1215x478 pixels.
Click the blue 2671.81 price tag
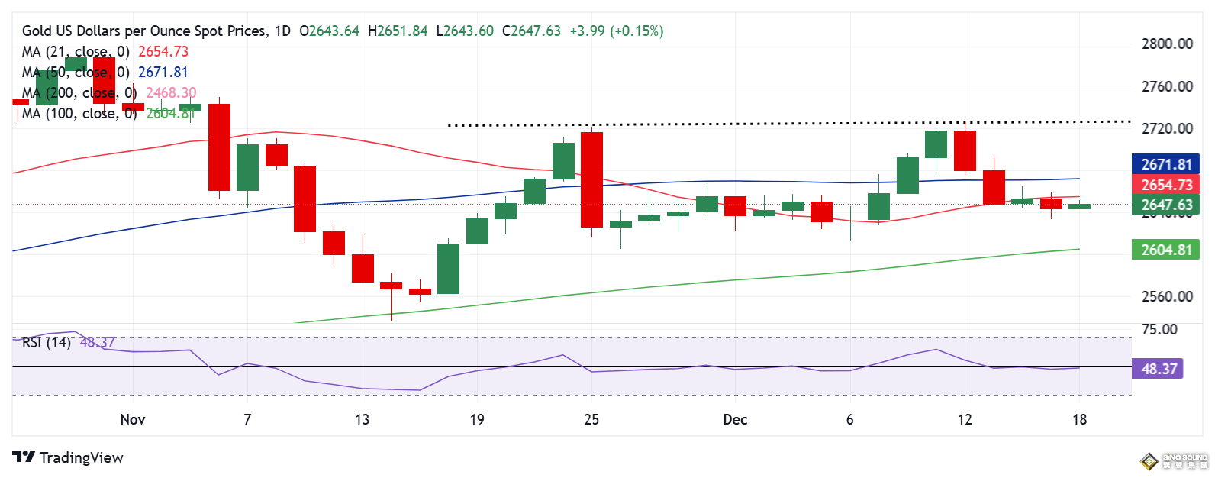(1165, 164)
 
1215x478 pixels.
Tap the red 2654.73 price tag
(1165, 185)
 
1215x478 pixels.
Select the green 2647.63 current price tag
(1165, 205)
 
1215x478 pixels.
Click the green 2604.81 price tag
(1165, 250)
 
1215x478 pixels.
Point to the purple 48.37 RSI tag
(1159, 370)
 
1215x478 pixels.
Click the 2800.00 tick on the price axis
(1166, 44)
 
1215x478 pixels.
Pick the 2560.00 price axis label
(1166, 296)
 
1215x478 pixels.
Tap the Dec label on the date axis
(735, 419)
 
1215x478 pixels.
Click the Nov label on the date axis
(133, 419)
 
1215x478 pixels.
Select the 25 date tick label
(591, 419)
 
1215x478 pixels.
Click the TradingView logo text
(81, 457)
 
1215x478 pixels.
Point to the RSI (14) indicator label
(47, 342)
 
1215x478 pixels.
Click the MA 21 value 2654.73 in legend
(163, 51)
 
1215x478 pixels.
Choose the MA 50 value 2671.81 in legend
(163, 72)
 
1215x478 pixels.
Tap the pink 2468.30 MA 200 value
(171, 92)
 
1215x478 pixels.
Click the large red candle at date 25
(591, 179)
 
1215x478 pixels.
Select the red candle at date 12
(965, 150)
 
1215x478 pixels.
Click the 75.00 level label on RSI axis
(1159, 329)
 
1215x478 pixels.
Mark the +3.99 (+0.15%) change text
(617, 31)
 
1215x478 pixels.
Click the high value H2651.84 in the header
(398, 31)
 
